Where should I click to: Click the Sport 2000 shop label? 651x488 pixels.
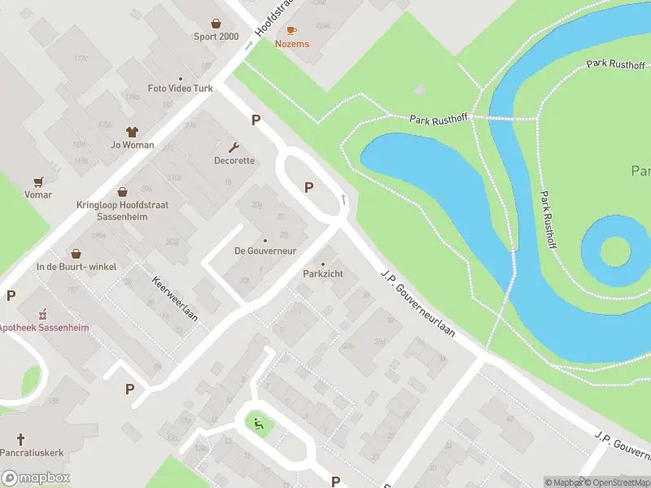tap(216, 37)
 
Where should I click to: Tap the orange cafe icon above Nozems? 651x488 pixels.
tap(291, 30)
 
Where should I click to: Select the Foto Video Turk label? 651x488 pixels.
tap(180, 88)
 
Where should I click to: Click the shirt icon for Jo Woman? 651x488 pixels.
tap(131, 131)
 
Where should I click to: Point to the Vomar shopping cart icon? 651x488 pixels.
tap(38, 181)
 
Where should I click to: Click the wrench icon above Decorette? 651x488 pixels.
tap(234, 147)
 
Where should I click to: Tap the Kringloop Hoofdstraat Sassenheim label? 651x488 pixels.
tap(122, 211)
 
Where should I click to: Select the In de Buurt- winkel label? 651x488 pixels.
tap(76, 266)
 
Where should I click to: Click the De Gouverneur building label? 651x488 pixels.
tap(265, 250)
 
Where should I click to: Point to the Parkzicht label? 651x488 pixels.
tap(323, 274)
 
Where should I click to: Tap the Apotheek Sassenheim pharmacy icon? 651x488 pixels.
tap(42, 313)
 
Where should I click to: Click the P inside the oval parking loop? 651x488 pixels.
tap(308, 187)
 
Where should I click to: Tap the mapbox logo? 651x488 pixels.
tap(36, 478)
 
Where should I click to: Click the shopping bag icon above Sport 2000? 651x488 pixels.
tap(216, 23)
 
